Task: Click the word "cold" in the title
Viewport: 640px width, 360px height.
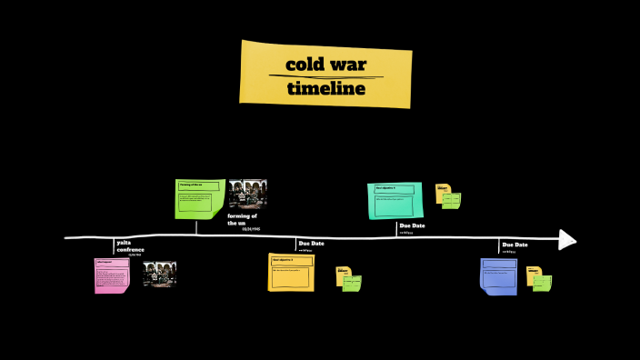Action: click(x=307, y=65)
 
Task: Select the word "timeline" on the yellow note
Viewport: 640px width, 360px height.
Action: click(x=325, y=88)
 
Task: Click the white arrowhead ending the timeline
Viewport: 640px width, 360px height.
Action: click(x=567, y=239)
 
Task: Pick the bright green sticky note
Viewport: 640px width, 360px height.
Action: click(x=200, y=199)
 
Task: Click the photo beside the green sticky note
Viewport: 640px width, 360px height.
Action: click(x=247, y=195)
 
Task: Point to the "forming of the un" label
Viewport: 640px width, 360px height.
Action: click(x=242, y=219)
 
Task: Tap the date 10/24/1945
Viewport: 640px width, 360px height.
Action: click(x=251, y=229)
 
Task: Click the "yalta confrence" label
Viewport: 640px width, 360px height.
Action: click(x=130, y=245)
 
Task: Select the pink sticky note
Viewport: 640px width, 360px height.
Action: click(x=112, y=275)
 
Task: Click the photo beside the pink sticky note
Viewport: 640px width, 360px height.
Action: click(x=159, y=274)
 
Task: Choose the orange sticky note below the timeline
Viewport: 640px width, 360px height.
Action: click(x=291, y=272)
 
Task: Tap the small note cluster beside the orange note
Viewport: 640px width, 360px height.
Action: click(x=348, y=279)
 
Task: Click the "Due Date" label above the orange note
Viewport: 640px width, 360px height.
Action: click(x=311, y=244)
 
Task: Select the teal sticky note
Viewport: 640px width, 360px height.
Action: click(x=395, y=200)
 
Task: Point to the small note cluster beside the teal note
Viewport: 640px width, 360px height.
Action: click(x=447, y=195)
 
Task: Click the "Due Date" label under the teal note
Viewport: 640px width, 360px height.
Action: click(x=412, y=225)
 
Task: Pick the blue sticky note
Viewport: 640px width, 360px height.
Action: click(x=498, y=276)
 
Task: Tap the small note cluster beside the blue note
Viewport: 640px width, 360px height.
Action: click(x=539, y=279)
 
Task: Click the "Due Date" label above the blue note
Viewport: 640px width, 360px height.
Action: click(x=515, y=245)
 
